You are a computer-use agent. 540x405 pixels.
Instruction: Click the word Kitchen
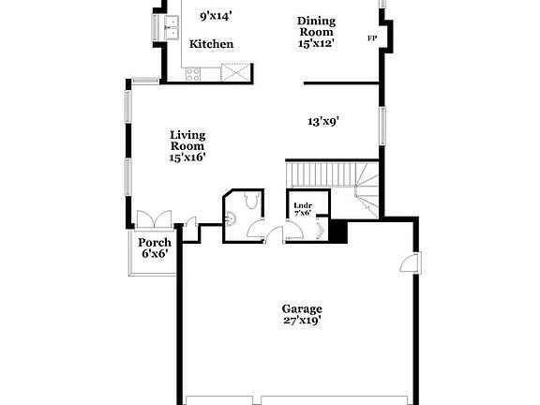(x=211, y=44)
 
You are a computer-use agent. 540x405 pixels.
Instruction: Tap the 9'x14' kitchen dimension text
(x=217, y=16)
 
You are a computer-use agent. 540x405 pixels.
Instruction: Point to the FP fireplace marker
(x=372, y=38)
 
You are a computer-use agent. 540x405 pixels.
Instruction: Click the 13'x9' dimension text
(x=323, y=121)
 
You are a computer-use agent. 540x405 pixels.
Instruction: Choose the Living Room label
(x=187, y=141)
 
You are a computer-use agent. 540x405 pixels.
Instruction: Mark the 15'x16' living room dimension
(x=187, y=158)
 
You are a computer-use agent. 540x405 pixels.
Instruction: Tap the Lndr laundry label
(x=302, y=205)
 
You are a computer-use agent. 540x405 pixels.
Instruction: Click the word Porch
(x=155, y=243)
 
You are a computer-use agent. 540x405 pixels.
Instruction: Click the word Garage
(x=302, y=308)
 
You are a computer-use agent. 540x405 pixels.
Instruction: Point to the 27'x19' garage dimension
(x=302, y=322)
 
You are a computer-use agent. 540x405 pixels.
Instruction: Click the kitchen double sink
(x=172, y=30)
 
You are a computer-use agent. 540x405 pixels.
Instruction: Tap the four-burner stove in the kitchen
(x=195, y=73)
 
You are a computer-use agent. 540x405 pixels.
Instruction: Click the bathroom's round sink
(x=231, y=217)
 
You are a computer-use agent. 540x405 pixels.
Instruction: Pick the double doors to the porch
(x=152, y=220)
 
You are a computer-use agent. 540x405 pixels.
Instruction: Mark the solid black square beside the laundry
(x=339, y=231)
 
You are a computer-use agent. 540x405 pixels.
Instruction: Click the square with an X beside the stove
(x=234, y=72)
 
